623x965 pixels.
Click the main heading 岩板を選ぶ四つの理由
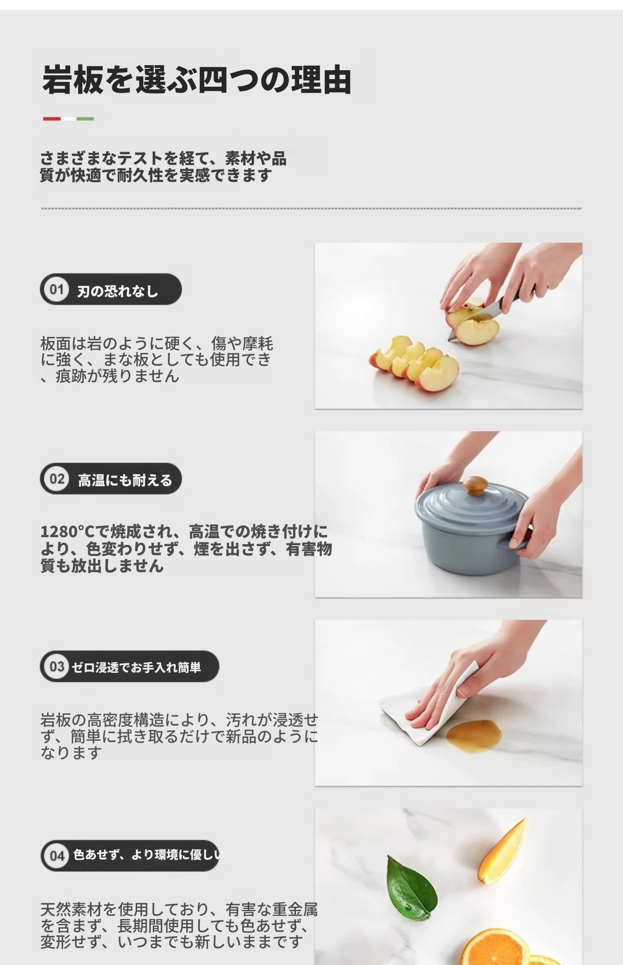coord(197,80)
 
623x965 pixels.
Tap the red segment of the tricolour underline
coord(51,119)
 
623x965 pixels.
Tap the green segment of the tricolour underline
coord(85,119)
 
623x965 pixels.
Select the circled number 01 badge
coord(57,289)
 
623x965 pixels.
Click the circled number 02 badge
coord(57,479)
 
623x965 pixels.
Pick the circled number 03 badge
coord(57,666)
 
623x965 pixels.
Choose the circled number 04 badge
coord(57,855)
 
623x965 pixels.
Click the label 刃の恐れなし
coord(117,292)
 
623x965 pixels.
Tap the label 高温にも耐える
coord(125,481)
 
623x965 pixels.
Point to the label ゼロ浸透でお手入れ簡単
coord(136,667)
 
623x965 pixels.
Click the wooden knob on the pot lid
coord(475,485)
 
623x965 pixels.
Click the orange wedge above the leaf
coord(501,851)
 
